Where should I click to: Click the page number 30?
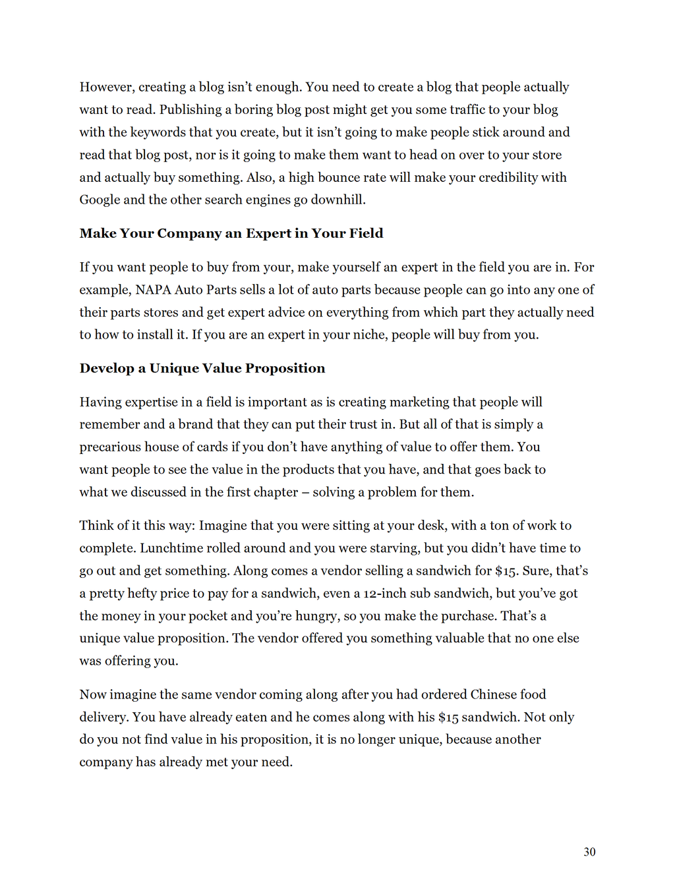coord(589,852)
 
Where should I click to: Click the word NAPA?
coord(153,290)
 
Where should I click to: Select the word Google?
coord(100,200)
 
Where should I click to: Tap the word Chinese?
coord(494,694)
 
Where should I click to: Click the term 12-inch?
coord(384,594)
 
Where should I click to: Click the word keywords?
coord(158,132)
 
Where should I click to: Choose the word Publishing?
coord(191,110)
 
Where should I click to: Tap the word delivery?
coord(103,717)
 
